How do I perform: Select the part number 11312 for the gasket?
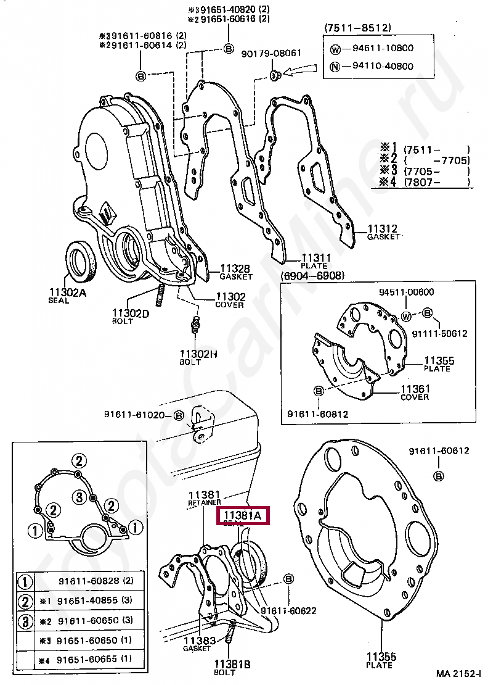(382, 229)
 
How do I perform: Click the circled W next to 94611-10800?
(335, 49)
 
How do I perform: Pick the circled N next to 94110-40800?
(335, 67)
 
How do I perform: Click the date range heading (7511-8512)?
(357, 28)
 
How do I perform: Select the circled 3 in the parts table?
(25, 620)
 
